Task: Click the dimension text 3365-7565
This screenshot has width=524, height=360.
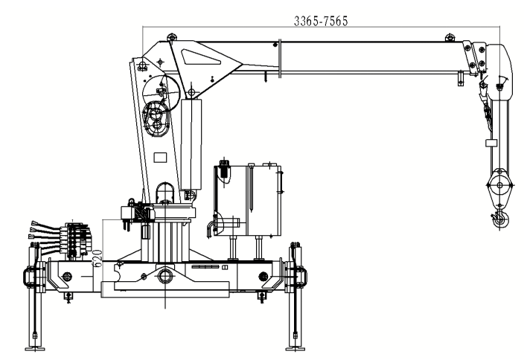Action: (x=321, y=21)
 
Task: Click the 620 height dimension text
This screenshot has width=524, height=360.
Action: (x=97, y=257)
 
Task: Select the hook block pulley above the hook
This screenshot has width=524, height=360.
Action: (x=499, y=185)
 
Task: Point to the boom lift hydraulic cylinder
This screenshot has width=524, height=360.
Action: (x=191, y=144)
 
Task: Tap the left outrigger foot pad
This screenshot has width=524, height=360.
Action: (x=35, y=349)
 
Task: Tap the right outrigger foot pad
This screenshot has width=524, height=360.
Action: (x=295, y=349)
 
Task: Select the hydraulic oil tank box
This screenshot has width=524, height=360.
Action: (x=247, y=200)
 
